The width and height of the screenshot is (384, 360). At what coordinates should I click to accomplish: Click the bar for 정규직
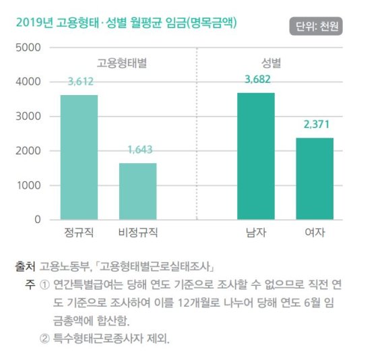pos(79,157)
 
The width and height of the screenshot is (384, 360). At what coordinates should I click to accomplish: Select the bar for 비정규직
pos(137,191)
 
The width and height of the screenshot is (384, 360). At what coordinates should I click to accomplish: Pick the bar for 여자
pos(315,179)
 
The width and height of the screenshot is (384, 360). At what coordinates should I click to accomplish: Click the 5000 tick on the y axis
pos(28,48)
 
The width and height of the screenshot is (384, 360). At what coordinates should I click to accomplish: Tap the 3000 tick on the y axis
pos(28,117)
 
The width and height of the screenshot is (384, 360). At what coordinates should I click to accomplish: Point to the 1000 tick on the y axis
pos(28,185)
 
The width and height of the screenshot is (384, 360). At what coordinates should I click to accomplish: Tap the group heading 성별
pos(271,63)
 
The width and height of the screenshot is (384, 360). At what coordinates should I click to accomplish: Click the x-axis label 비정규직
pos(137,233)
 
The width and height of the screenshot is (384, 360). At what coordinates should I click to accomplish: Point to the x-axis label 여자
pos(315,233)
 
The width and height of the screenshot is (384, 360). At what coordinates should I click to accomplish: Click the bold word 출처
pos(25,266)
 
